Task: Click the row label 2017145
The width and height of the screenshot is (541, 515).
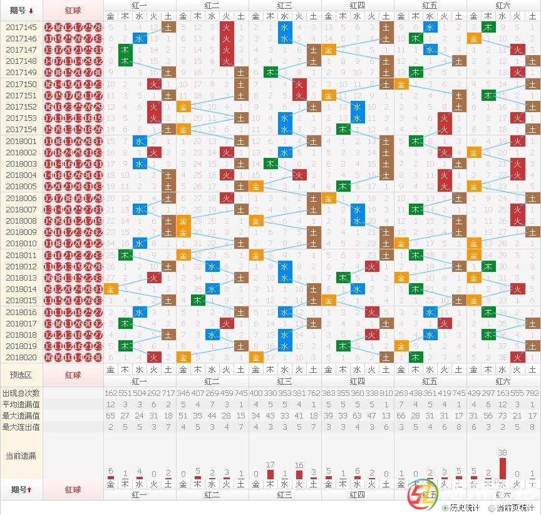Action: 21,28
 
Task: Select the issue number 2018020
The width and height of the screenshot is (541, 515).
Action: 21,357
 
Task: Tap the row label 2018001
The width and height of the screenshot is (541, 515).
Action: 21,142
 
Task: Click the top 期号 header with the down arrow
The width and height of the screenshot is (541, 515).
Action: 21,11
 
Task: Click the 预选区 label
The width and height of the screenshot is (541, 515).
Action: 21,375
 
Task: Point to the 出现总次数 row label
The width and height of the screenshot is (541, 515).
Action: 21,393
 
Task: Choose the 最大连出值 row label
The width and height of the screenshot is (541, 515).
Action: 21,427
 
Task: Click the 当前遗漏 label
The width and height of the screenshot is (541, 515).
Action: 21,455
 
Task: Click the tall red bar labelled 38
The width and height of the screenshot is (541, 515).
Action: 502,467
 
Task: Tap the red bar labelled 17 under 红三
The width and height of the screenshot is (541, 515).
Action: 270,474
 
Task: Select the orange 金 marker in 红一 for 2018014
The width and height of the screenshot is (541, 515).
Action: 111,289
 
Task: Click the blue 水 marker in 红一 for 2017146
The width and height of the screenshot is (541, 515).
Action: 140,39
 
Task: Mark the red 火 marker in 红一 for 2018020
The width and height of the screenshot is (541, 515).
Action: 154,357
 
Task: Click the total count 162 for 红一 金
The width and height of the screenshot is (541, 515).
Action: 111,393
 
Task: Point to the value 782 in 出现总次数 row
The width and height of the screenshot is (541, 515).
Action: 532,393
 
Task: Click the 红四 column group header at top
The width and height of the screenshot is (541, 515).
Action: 357,5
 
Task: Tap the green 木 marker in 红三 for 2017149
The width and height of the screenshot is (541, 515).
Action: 270,72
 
